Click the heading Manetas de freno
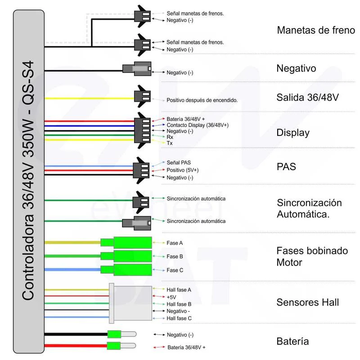tap(316, 30)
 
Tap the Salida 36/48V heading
tap(307, 97)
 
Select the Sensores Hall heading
tap(307, 302)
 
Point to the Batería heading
tap(292, 341)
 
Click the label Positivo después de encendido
tap(202, 100)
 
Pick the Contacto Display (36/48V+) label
tap(198, 125)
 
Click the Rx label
tap(170, 137)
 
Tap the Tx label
tap(170, 143)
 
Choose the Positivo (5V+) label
tap(183, 170)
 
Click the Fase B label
tap(175, 256)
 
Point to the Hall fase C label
tap(179, 318)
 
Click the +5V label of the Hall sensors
tap(172, 297)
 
